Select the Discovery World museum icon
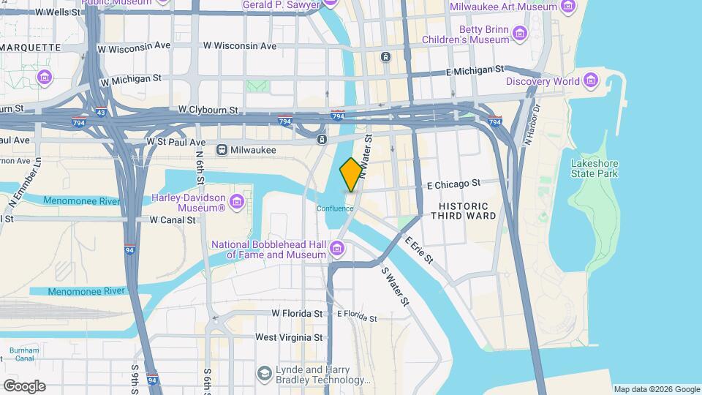[591, 80]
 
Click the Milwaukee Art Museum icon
[567, 7]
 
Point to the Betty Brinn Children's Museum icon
[520, 34]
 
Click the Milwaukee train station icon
[222, 149]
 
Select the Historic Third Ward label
[463, 210]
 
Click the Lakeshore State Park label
[595, 168]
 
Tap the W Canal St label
[173, 219]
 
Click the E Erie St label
[418, 250]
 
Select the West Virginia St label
[289, 337]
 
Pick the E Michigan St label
[475, 72]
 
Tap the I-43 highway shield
[100, 113]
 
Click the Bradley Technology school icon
[263, 375]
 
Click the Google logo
[24, 385]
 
